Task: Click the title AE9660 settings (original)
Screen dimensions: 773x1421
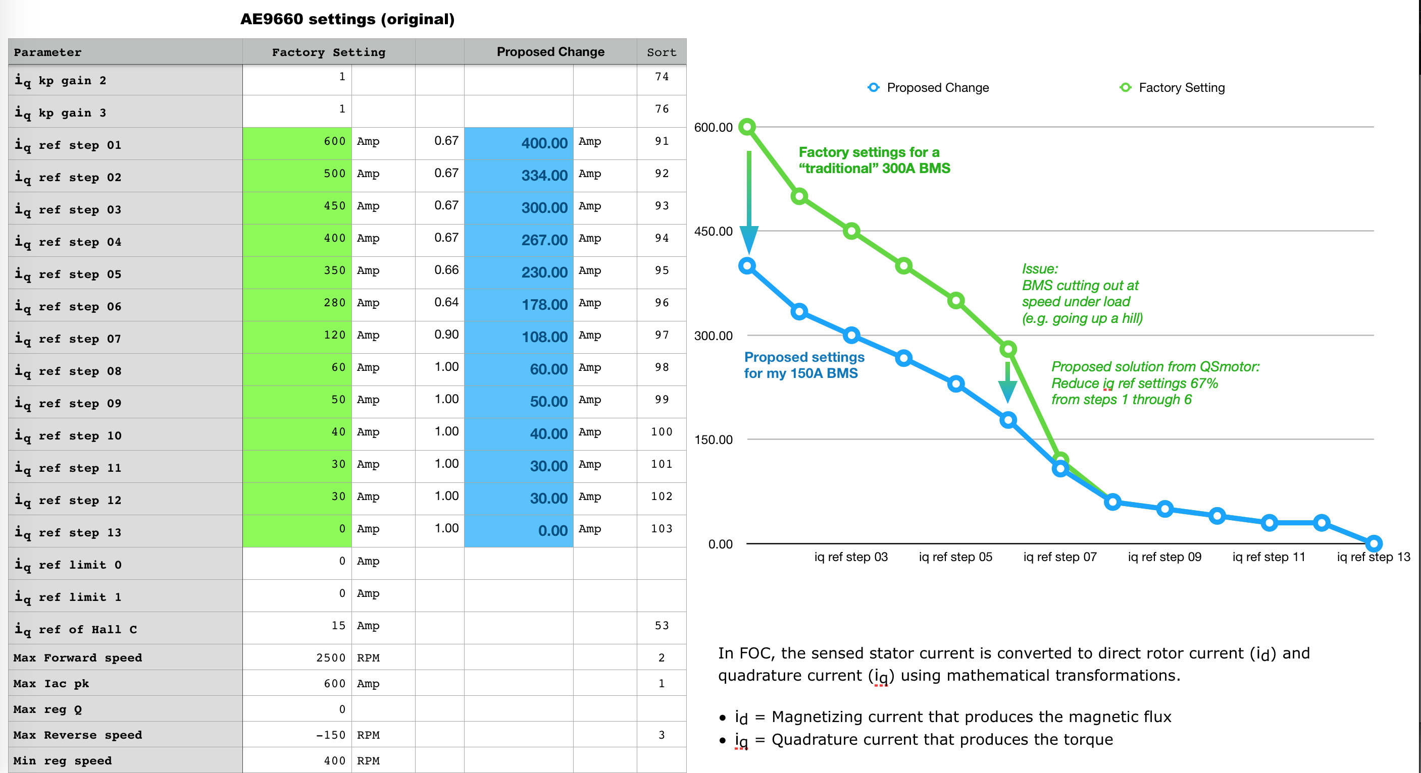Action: (347, 19)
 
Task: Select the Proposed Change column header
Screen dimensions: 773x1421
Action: (550, 52)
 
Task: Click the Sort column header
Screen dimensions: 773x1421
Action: (661, 52)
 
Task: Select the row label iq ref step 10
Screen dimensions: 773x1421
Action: (68, 435)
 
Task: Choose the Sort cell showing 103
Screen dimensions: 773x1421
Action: (661, 529)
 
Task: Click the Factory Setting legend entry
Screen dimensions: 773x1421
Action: (1172, 88)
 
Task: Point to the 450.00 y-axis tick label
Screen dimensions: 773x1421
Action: (713, 232)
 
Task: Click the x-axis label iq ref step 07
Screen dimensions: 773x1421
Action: (1059, 557)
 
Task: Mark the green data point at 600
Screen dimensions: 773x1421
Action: (747, 127)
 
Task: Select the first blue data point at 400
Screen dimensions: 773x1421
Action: (747, 266)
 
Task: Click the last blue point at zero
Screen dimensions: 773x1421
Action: (1374, 543)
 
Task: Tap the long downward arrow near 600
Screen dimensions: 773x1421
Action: (748, 198)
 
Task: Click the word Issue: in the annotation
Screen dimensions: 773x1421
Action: (1040, 269)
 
